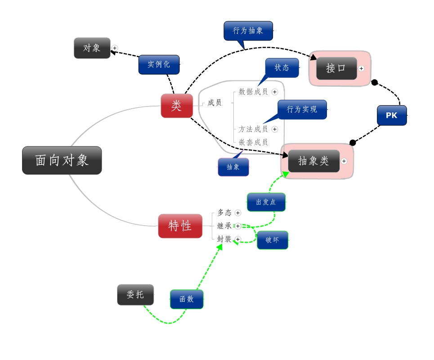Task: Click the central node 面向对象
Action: coord(62,160)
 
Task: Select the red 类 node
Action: coord(177,106)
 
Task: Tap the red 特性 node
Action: coord(180,226)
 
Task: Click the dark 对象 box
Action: coord(92,48)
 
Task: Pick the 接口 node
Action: coord(336,68)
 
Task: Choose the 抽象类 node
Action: coord(313,161)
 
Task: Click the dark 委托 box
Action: coord(135,294)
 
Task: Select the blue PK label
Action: coord(392,115)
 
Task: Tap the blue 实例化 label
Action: coord(159,64)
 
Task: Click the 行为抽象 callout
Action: coord(248,31)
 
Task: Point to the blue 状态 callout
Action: coord(282,67)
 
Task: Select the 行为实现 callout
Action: coord(302,109)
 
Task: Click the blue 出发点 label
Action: coord(266,202)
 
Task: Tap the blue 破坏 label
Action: coord(273,240)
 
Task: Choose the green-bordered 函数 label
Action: coord(187,299)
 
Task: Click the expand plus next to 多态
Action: coord(238,213)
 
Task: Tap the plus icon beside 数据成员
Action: coord(275,92)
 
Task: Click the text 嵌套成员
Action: coord(253,142)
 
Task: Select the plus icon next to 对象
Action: coord(115,48)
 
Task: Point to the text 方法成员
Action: coord(253,129)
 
